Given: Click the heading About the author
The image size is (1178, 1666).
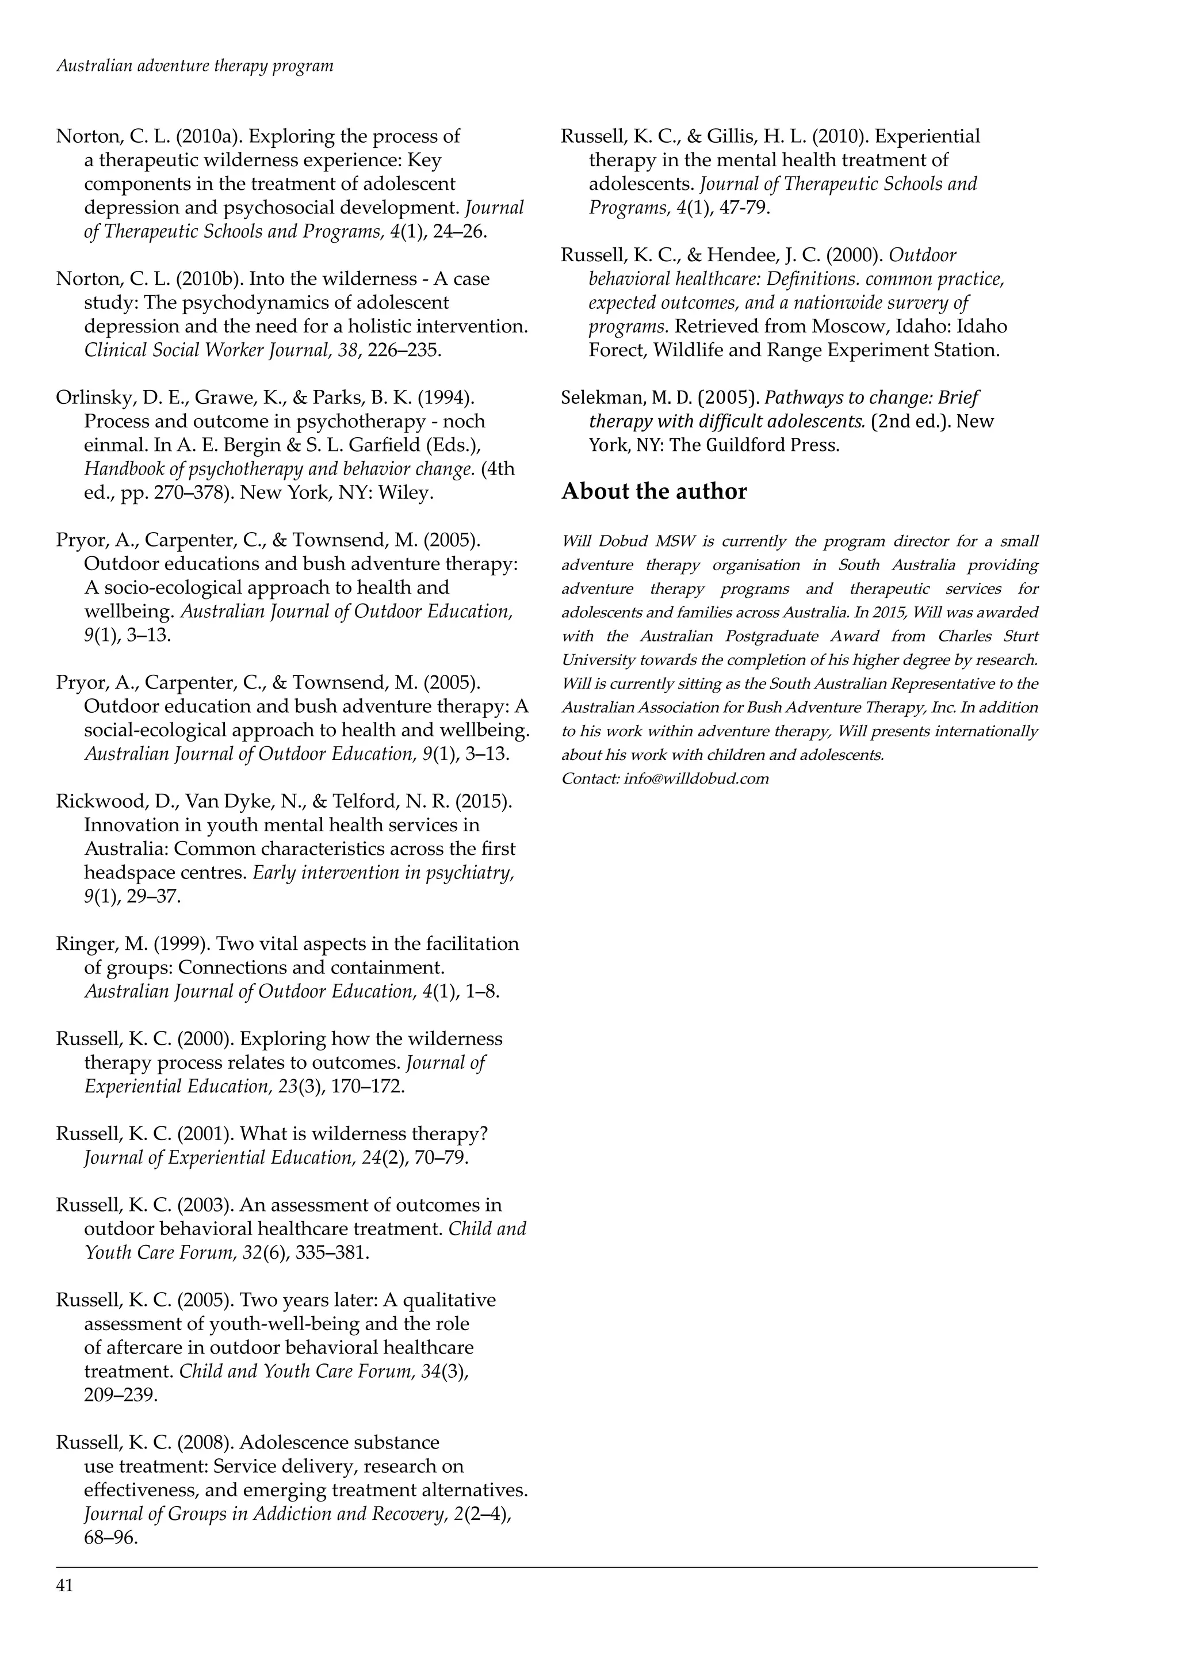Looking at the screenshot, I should click(x=653, y=491).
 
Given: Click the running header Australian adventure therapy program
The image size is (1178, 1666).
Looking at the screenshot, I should click(x=194, y=66).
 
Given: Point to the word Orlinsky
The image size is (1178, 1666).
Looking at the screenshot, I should click(x=91, y=398).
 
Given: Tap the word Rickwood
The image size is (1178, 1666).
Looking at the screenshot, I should click(x=97, y=801).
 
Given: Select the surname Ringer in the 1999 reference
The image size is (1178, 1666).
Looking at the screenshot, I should click(x=83, y=943).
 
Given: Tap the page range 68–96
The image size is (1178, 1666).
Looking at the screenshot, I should click(x=111, y=1537).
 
